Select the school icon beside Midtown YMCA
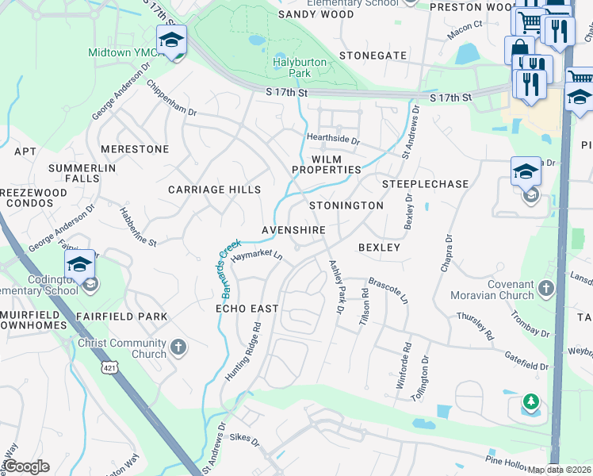171,40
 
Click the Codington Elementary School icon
80,265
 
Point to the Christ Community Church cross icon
179,347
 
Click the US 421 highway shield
109,367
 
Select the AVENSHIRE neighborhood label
294,230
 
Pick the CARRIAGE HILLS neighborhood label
214,190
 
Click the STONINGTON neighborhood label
346,205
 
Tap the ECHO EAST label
247,308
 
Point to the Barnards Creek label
220,270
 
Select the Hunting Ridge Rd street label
243,350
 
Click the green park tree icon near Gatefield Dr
530,404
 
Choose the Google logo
26,466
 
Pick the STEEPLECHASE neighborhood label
426,184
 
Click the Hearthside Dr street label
334,140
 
